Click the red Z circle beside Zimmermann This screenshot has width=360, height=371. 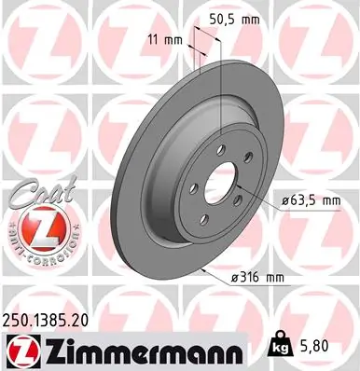(21, 350)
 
